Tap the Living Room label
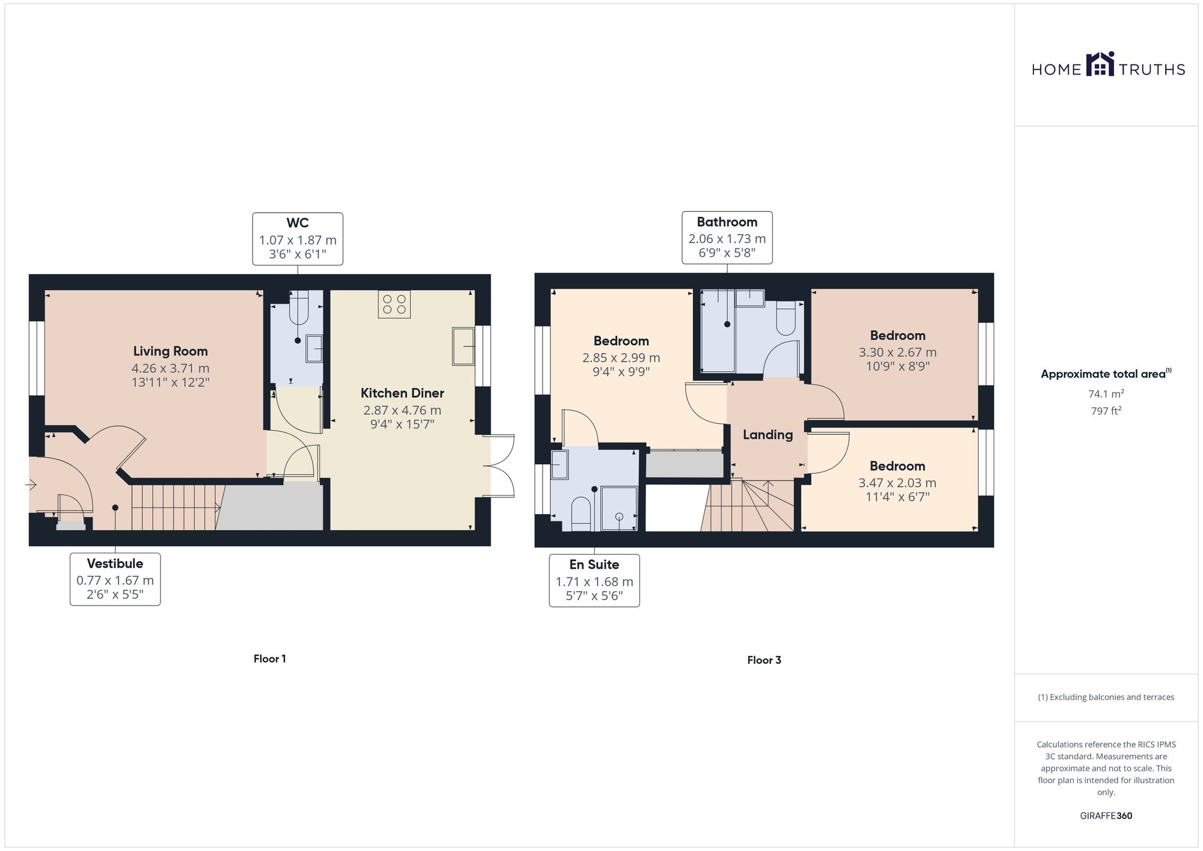click(170, 351)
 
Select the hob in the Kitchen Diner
click(394, 304)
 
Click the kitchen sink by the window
click(463, 346)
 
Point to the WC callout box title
click(297, 223)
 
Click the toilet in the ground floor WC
click(299, 307)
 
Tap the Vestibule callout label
click(115, 564)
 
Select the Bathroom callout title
click(727, 222)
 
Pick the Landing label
click(768, 435)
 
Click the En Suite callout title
click(594, 565)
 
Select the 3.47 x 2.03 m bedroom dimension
click(897, 483)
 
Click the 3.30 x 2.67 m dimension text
click(897, 352)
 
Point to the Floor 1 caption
click(269, 659)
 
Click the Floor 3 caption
click(764, 660)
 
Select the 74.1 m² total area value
click(1106, 395)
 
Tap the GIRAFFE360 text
click(1106, 816)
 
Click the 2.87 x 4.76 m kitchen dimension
click(402, 410)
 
